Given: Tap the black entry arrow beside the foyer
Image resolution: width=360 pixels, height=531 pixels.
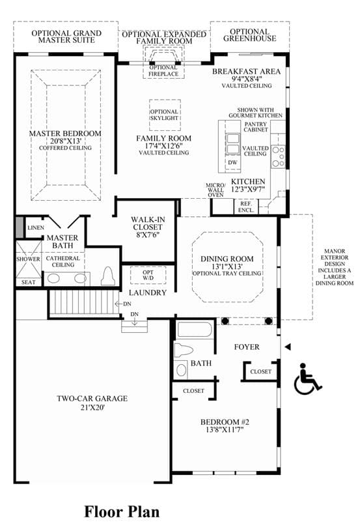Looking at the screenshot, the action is tap(288, 347).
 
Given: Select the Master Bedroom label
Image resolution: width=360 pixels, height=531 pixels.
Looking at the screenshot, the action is tap(65, 134).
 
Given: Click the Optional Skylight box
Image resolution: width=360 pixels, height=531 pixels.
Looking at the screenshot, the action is tap(165, 115).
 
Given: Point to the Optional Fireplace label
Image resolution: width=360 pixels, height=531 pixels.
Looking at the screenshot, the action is tap(163, 71).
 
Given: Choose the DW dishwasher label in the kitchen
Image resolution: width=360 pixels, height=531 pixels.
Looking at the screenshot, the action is tap(232, 162).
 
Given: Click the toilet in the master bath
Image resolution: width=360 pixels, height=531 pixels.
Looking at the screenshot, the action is tap(108, 276).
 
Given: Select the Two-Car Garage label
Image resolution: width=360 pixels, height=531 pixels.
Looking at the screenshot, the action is tap(92, 399).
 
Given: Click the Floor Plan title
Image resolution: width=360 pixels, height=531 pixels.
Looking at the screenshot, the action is tap(122, 511).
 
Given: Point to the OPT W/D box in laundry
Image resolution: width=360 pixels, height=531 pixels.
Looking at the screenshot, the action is tap(148, 275).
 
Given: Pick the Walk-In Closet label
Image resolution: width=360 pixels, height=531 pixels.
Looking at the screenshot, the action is tap(148, 223).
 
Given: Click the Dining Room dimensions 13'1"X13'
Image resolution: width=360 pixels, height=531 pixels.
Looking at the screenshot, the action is tap(227, 266).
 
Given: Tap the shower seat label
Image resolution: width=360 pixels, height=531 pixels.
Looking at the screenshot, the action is tap(28, 282).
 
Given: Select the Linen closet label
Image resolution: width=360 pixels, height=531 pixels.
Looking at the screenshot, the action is tap(36, 227).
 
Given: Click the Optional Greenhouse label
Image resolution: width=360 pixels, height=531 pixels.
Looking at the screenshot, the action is tap(250, 35).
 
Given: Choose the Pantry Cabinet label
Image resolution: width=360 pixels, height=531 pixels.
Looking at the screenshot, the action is tap(255, 127).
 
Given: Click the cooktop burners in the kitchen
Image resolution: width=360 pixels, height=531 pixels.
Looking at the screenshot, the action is tap(278, 156).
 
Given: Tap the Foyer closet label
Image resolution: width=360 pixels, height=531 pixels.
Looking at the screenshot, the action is tap(260, 371).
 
